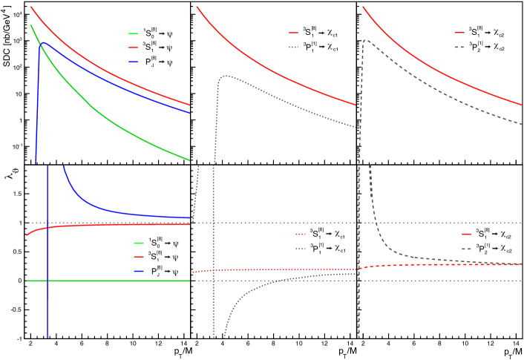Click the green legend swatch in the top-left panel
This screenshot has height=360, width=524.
[x=133, y=33]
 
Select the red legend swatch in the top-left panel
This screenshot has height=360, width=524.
[x=133, y=48]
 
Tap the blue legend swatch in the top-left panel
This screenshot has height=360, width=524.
[x=133, y=62]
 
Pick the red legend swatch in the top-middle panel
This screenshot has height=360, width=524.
[x=293, y=33]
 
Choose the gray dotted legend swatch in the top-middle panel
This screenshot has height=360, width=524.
[x=293, y=48]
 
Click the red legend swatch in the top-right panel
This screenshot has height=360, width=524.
[x=459, y=33]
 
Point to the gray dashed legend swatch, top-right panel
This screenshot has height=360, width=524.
[x=459, y=48]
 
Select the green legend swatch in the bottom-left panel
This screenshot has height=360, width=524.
[x=139, y=243]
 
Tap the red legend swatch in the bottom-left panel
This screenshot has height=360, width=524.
[x=139, y=257]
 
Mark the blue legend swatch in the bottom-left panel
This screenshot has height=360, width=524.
[x=139, y=272]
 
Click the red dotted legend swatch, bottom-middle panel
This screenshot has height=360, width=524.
[x=300, y=234]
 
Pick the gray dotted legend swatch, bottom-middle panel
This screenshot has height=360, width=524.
[x=300, y=249]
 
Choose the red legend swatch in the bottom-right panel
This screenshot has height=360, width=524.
[x=466, y=234]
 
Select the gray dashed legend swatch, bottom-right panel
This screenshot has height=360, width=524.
[x=466, y=249]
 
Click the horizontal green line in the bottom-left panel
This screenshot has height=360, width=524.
[x=111, y=281]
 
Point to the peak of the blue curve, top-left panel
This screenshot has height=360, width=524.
[x=44, y=43]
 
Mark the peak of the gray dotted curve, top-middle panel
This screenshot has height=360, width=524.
[x=225, y=76]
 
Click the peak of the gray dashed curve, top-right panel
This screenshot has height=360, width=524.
[x=365, y=40]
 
